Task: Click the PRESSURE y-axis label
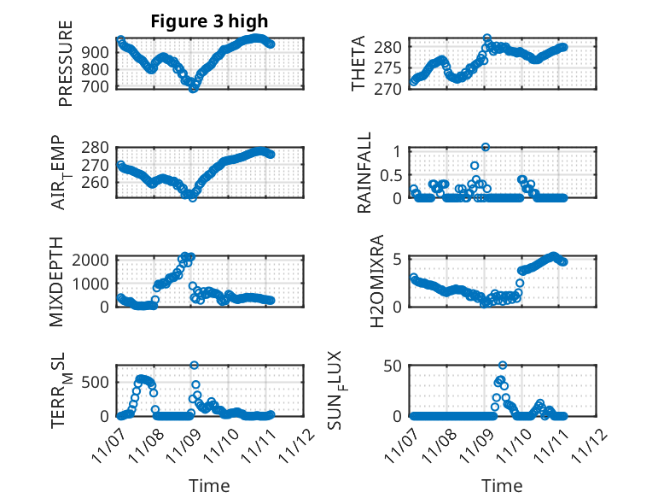point(66,64)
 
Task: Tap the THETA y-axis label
point(359,64)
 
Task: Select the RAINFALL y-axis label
point(364,173)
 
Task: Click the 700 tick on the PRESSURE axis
point(98,87)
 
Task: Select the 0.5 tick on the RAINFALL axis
point(389,174)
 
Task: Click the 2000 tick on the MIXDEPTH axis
point(95,259)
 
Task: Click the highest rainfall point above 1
point(486,147)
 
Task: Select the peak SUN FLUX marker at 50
point(503,366)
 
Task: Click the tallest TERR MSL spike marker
point(194,366)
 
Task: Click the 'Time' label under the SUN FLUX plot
point(503,485)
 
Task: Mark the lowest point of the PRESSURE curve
point(193,89)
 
